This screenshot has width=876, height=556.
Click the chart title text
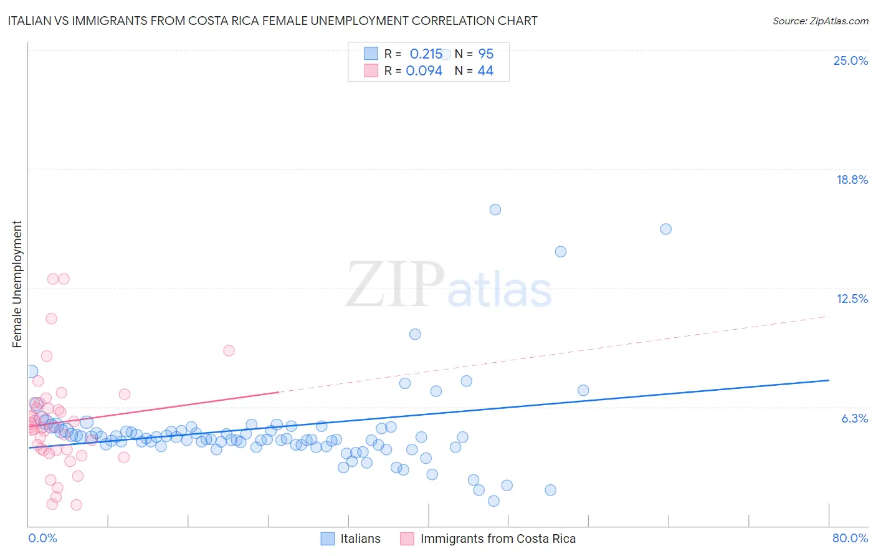(x=272, y=21)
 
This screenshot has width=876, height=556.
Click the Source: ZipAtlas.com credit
(x=820, y=21)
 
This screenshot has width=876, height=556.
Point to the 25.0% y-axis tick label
(x=850, y=60)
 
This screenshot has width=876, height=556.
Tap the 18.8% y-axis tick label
(x=852, y=180)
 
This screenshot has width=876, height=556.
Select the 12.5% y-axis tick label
(x=852, y=299)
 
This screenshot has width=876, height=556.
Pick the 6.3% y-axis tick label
(x=854, y=418)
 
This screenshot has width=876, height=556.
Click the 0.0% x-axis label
(x=42, y=538)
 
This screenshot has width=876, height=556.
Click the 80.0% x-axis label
(x=850, y=538)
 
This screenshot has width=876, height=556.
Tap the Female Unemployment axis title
(x=17, y=284)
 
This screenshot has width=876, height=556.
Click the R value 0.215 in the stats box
(x=426, y=54)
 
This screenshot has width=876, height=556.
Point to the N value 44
(x=485, y=70)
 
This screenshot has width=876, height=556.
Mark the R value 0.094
(x=424, y=70)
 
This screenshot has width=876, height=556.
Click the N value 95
(x=485, y=54)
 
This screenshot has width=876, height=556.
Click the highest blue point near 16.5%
(x=495, y=209)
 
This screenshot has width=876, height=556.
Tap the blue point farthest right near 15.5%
(x=665, y=229)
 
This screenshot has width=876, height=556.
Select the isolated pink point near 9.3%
(x=229, y=350)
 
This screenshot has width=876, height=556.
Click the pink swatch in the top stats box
(x=371, y=70)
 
